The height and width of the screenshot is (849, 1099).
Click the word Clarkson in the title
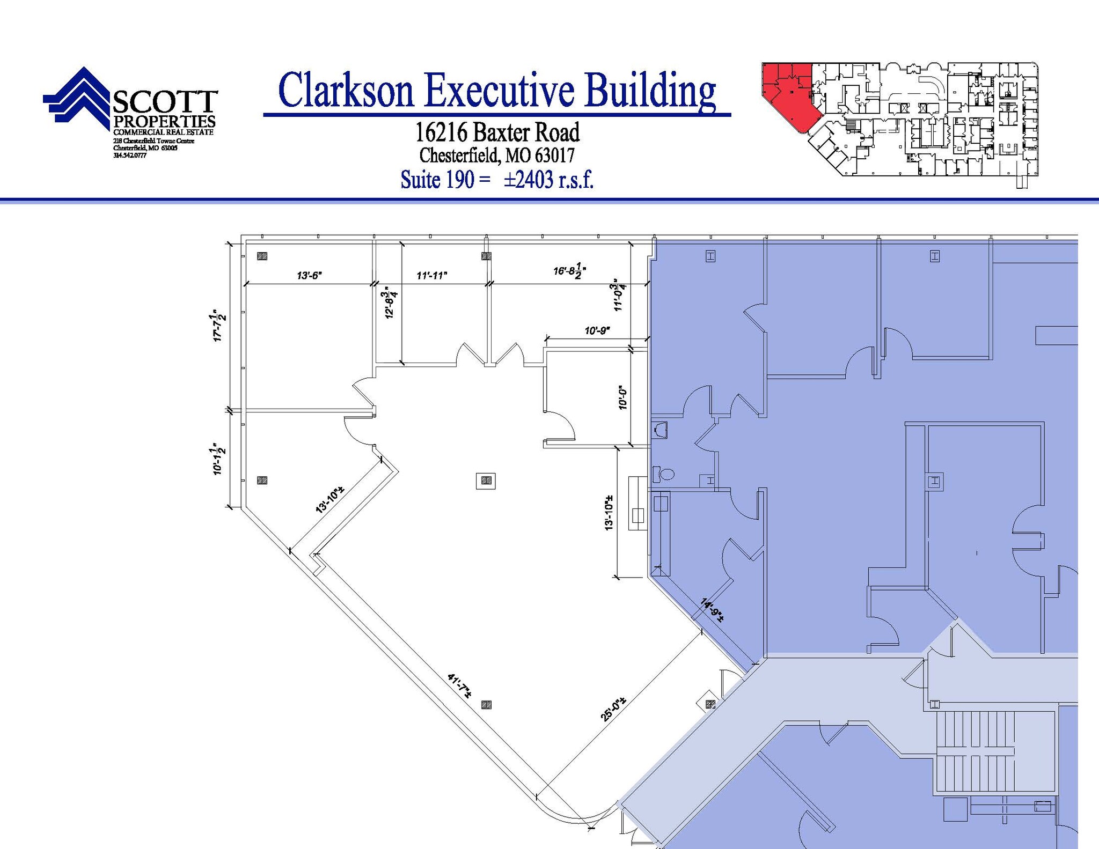pos(347,90)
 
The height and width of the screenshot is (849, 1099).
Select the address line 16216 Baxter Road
pos(497,132)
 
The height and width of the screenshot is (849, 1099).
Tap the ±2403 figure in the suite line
pos(528,180)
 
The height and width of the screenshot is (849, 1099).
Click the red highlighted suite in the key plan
pos(788,97)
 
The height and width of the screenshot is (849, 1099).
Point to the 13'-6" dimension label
pos(309,276)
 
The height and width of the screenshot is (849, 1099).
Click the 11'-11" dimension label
pos(431,276)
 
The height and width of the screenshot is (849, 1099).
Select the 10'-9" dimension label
pos(597,331)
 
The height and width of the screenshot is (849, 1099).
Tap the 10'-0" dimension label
pos(622,397)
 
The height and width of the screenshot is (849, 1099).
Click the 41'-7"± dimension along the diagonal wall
pos(459,686)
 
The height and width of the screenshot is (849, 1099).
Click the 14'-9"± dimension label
pos(712,610)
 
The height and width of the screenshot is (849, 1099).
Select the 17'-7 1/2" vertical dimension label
pos(219,325)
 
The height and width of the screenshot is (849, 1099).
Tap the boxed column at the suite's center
pos(486,481)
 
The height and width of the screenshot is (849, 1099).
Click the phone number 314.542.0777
pos(130,156)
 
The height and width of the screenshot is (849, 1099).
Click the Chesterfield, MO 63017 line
pos(496,156)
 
